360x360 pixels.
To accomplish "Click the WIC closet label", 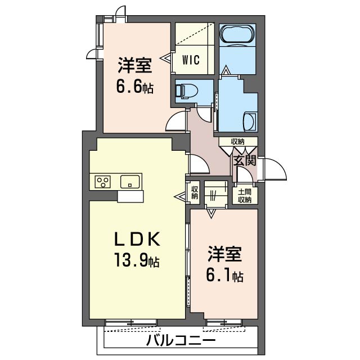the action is pyautogui.click(x=191, y=60).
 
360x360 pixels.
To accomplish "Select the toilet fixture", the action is pyautogui.click(x=186, y=91).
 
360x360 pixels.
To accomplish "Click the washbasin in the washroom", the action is pyautogui.click(x=250, y=121).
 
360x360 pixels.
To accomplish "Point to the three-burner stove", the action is pyautogui.click(x=102, y=182).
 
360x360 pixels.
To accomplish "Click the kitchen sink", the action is pyautogui.click(x=130, y=182).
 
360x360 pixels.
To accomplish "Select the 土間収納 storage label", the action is pyautogui.click(x=245, y=196).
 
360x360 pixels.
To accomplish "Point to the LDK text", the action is pyautogui.click(x=137, y=239).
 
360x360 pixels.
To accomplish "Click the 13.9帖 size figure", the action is pyautogui.click(x=137, y=260).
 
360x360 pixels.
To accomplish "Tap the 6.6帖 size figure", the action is pyautogui.click(x=135, y=87).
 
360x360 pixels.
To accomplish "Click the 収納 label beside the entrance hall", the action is pyautogui.click(x=238, y=142).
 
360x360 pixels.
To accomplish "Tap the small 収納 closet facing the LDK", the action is pyautogui.click(x=195, y=192).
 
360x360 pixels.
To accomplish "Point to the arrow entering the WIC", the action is pyautogui.click(x=166, y=57).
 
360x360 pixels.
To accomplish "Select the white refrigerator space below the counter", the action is pyautogui.click(x=130, y=196).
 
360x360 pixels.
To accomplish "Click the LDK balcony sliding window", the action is pyautogui.click(x=131, y=322).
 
